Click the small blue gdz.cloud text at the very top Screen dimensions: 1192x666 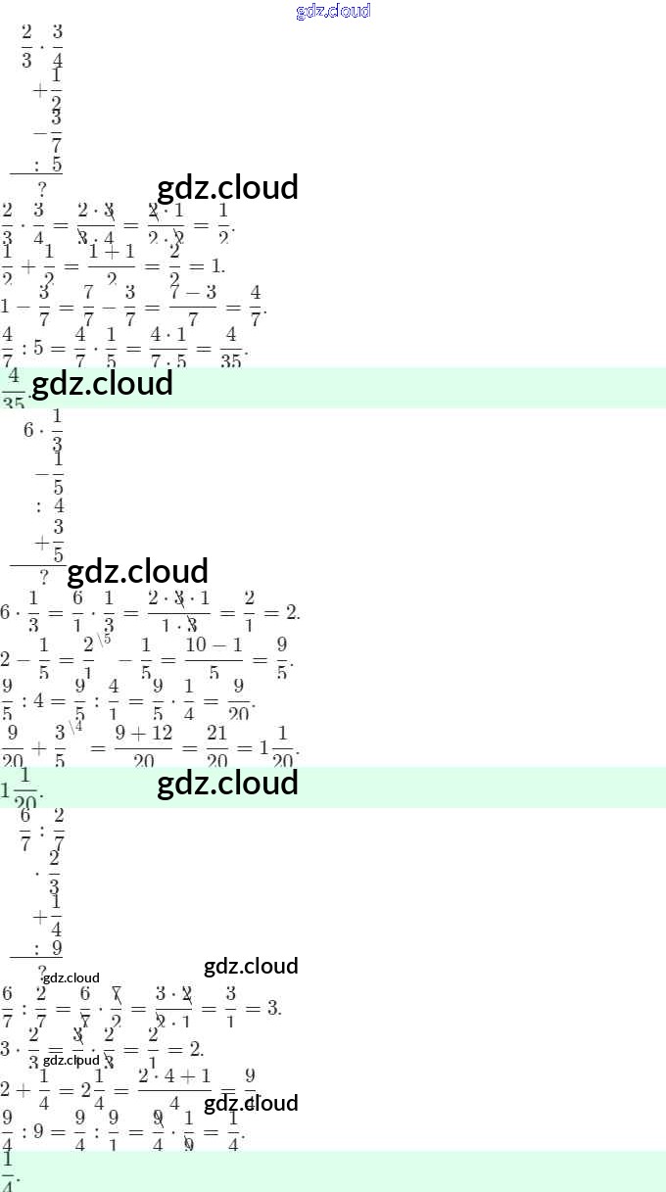click(333, 11)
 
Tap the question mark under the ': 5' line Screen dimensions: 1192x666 click(42, 188)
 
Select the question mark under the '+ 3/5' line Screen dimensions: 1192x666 click(44, 576)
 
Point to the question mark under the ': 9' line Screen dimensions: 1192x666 click(42, 971)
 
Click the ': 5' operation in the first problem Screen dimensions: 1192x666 click(48, 165)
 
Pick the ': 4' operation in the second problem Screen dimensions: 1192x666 click(50, 506)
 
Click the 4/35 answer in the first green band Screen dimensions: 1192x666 click(14, 388)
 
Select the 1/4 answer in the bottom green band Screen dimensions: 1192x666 click(9, 1170)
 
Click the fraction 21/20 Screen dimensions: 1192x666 click(216, 746)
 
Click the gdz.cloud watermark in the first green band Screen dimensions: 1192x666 click(102, 384)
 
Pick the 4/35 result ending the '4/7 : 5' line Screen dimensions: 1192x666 click(230, 347)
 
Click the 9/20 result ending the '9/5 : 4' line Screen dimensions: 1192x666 click(239, 701)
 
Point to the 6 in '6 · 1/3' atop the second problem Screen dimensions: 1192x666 click(28, 430)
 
